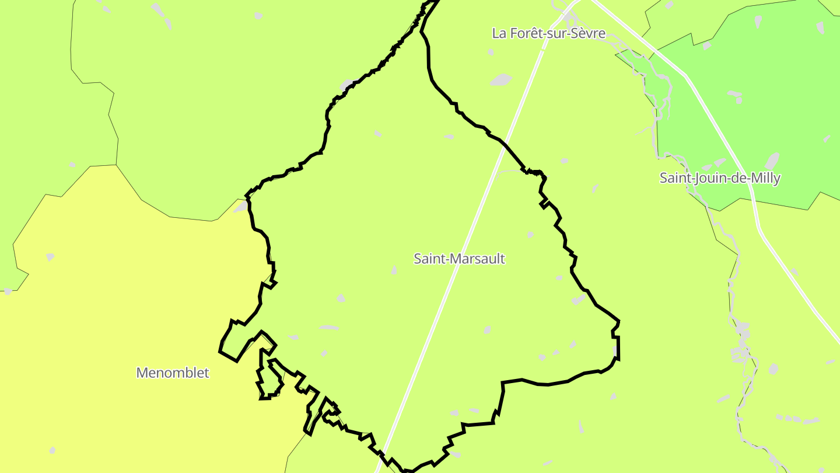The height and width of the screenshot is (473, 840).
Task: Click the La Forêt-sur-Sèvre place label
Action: pyautogui.click(x=548, y=33)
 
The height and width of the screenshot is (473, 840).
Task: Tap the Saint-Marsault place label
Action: pyautogui.click(x=459, y=258)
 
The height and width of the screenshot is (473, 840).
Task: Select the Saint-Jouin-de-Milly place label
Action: pyautogui.click(x=719, y=178)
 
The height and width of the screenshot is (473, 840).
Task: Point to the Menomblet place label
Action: pyautogui.click(x=172, y=373)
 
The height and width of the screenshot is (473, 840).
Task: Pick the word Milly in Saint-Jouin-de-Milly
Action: pyautogui.click(x=765, y=178)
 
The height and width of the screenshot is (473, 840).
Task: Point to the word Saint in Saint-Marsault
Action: pyautogui.click(x=428, y=258)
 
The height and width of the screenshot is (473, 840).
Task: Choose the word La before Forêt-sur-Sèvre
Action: pyautogui.click(x=499, y=33)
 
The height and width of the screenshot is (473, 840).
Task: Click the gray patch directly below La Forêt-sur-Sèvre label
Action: pyautogui.click(x=501, y=79)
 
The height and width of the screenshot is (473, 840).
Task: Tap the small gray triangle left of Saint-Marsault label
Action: pyautogui.click(x=394, y=269)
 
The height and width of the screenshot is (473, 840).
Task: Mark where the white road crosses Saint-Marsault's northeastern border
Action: pyautogui.click(x=505, y=144)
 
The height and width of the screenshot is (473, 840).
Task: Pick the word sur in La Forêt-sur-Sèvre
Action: pyautogui.click(x=556, y=33)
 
